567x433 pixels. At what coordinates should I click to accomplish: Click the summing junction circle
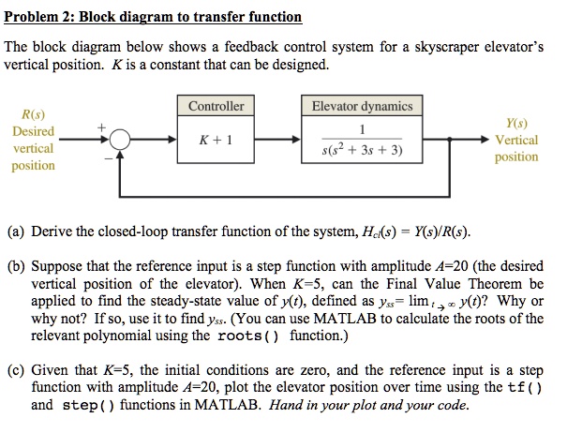click(119, 140)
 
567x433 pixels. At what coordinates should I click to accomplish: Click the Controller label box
click(216, 106)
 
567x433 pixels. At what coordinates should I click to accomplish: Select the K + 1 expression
click(216, 140)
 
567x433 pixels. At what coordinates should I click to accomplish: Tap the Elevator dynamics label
click(361, 106)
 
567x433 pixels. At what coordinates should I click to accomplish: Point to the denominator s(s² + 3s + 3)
click(361, 150)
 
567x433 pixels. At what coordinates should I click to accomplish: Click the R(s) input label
click(32, 114)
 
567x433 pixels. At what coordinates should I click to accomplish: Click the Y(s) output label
click(515, 122)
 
